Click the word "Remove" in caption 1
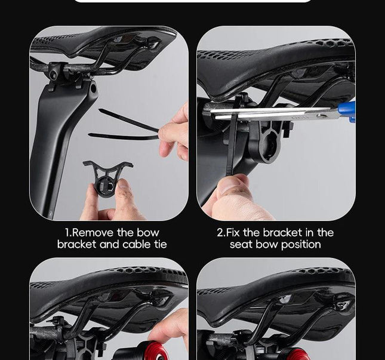(x=93, y=233)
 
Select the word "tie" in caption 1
(x=161, y=244)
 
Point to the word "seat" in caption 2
(x=242, y=244)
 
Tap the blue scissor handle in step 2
(x=346, y=112)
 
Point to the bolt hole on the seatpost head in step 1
(x=93, y=88)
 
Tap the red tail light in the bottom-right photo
(x=295, y=354)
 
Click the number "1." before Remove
(x=68, y=233)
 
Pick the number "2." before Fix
(x=221, y=233)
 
